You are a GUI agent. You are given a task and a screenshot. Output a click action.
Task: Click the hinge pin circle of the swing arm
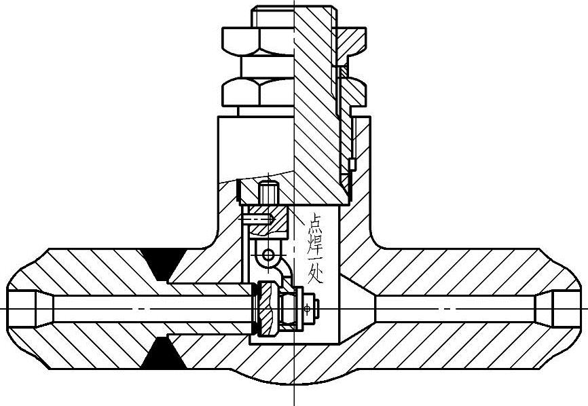(x=270, y=255)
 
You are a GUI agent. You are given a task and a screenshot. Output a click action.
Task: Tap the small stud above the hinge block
(x=269, y=191)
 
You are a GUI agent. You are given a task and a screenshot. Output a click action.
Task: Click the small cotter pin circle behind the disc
(x=308, y=309)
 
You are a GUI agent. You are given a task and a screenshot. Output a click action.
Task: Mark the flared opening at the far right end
(x=568, y=309)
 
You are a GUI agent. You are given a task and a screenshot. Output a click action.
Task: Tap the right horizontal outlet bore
(x=462, y=309)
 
